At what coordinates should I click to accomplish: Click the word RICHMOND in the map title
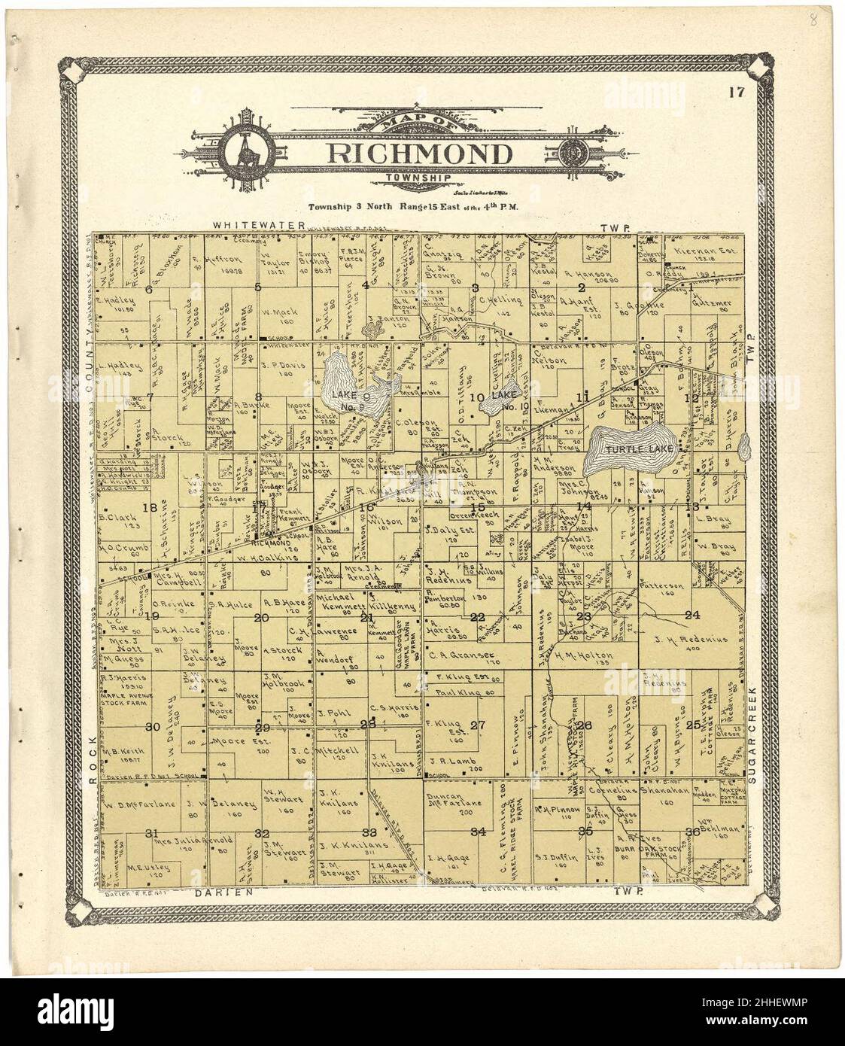(418, 154)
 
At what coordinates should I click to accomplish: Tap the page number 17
(737, 93)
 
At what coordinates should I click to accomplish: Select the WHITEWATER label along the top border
(258, 225)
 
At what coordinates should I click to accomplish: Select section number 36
(693, 831)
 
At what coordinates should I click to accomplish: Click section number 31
(151, 832)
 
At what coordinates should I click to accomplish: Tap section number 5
(257, 287)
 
